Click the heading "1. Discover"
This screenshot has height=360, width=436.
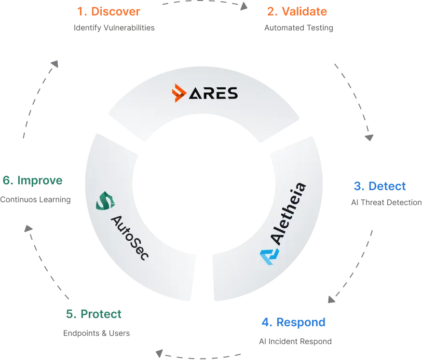109,12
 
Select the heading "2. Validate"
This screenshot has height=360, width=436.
297,12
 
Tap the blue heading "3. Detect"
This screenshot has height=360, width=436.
380,186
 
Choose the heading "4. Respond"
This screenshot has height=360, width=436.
293,322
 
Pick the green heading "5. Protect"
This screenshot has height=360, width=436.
94,314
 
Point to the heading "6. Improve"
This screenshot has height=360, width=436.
32,180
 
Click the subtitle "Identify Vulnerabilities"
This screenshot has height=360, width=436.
114,28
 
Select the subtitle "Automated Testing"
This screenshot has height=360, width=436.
299,28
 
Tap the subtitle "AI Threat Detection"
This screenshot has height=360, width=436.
386,202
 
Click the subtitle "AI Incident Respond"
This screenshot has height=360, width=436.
295,341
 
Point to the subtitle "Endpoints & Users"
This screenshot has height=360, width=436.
96,333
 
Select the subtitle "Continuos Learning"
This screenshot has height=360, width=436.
35,199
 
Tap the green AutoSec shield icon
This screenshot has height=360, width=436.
105,201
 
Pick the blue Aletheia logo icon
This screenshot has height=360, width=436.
269,257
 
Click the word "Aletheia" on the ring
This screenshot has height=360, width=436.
288,214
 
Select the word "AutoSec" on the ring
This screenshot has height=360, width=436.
130,238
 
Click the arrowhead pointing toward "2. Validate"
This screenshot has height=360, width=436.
244,6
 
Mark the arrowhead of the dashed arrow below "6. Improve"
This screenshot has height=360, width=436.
28,228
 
